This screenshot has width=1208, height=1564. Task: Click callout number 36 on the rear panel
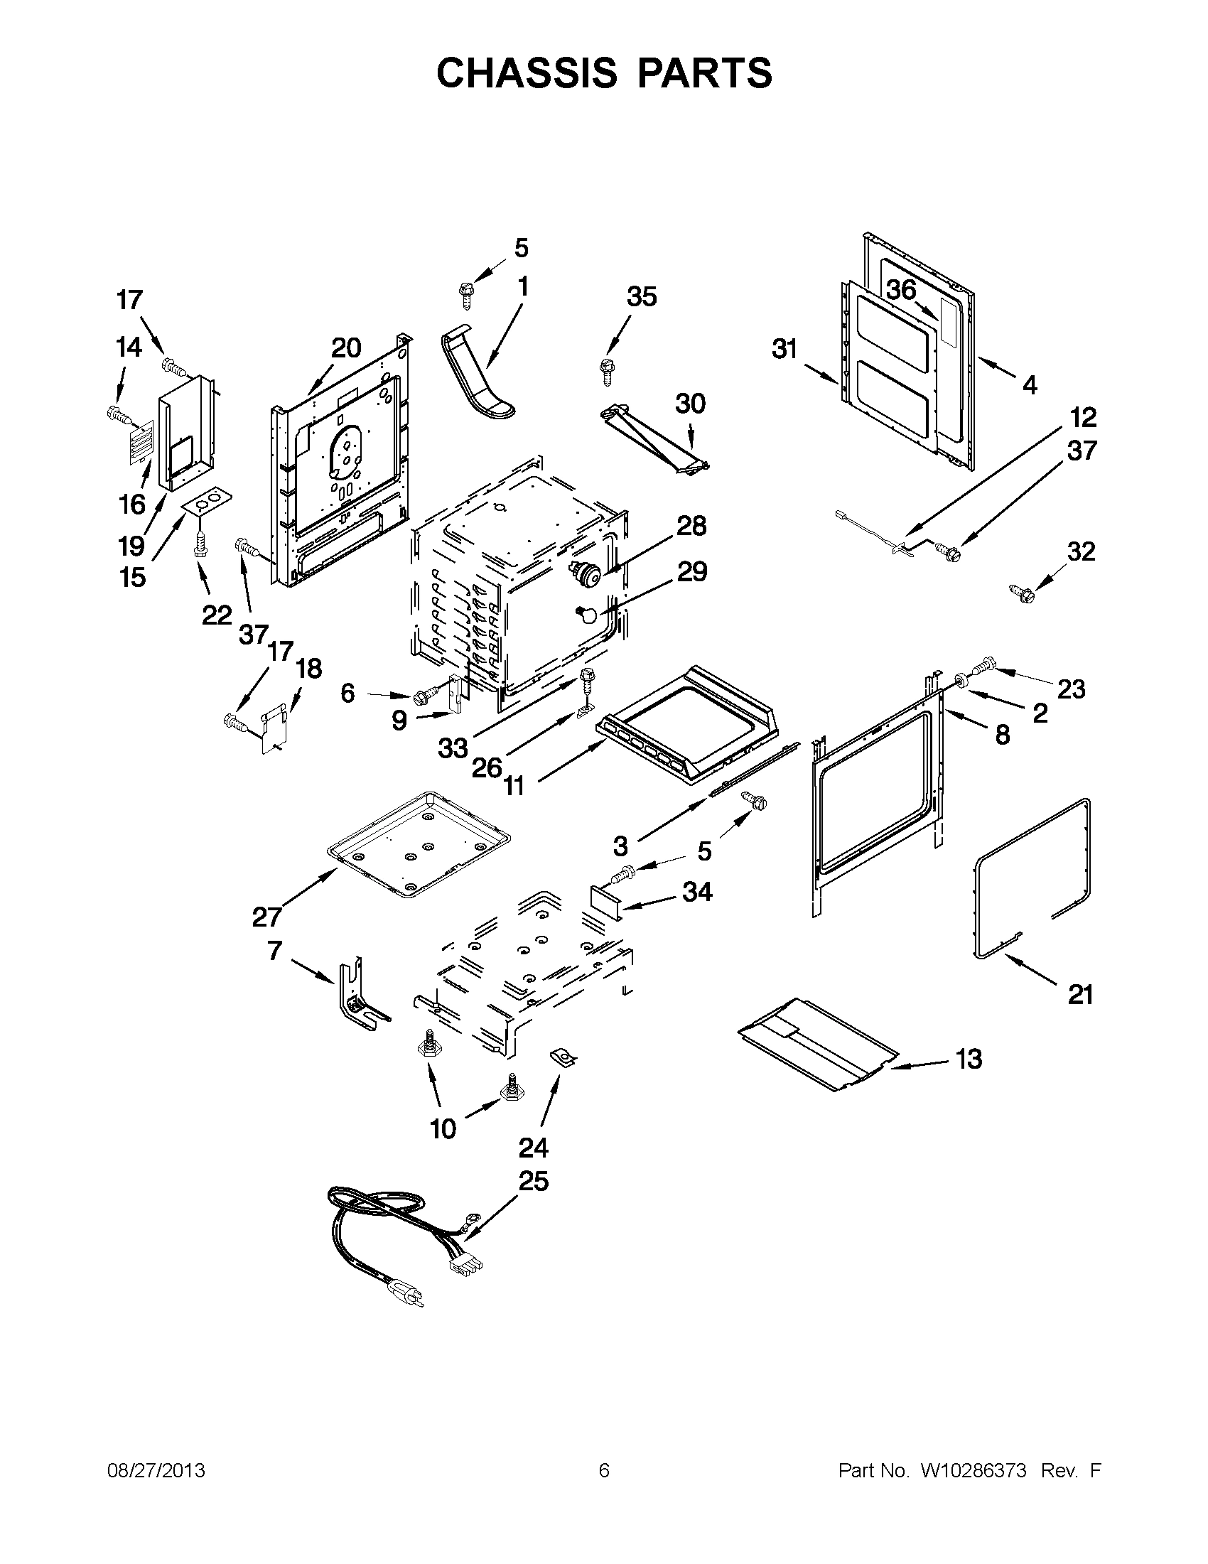point(901,289)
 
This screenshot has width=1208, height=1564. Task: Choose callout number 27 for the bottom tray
point(266,917)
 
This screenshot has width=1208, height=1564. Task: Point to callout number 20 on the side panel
point(346,348)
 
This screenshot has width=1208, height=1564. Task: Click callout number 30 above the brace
point(690,403)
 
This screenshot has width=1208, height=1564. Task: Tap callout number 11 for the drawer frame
point(514,786)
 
